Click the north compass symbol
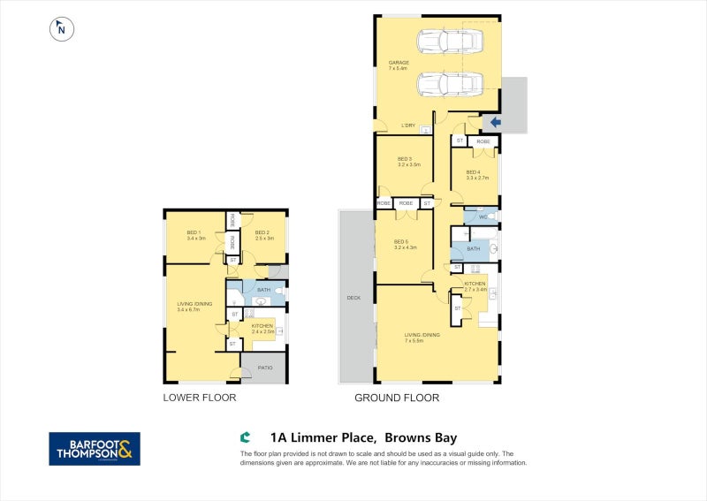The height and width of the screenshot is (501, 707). point(61,28)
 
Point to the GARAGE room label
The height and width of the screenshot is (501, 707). point(399,63)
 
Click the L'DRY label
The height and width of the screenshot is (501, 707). point(408,125)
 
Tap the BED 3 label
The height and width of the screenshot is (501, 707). point(405,159)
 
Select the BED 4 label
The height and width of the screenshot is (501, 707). point(473,172)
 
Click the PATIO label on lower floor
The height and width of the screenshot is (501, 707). point(264,368)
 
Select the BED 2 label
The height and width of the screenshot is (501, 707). point(261,232)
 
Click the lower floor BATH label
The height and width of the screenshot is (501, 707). point(263,289)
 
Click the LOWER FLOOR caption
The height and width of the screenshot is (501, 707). point(199,398)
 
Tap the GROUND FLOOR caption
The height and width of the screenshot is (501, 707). point(397,398)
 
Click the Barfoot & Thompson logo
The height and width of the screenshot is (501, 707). point(94,449)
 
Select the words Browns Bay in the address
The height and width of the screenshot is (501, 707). point(421,436)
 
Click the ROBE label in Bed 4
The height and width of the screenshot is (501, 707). point(483,141)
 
